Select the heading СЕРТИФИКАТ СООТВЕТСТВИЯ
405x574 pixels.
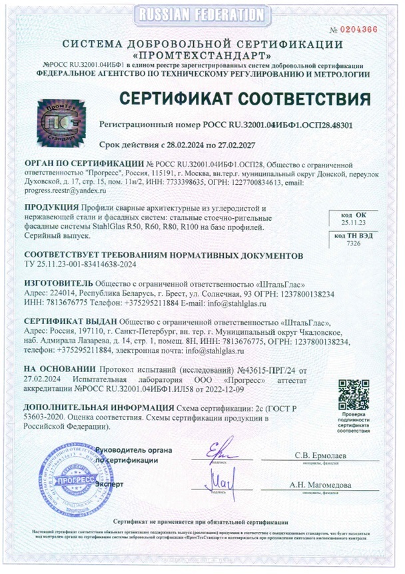[244, 99]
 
